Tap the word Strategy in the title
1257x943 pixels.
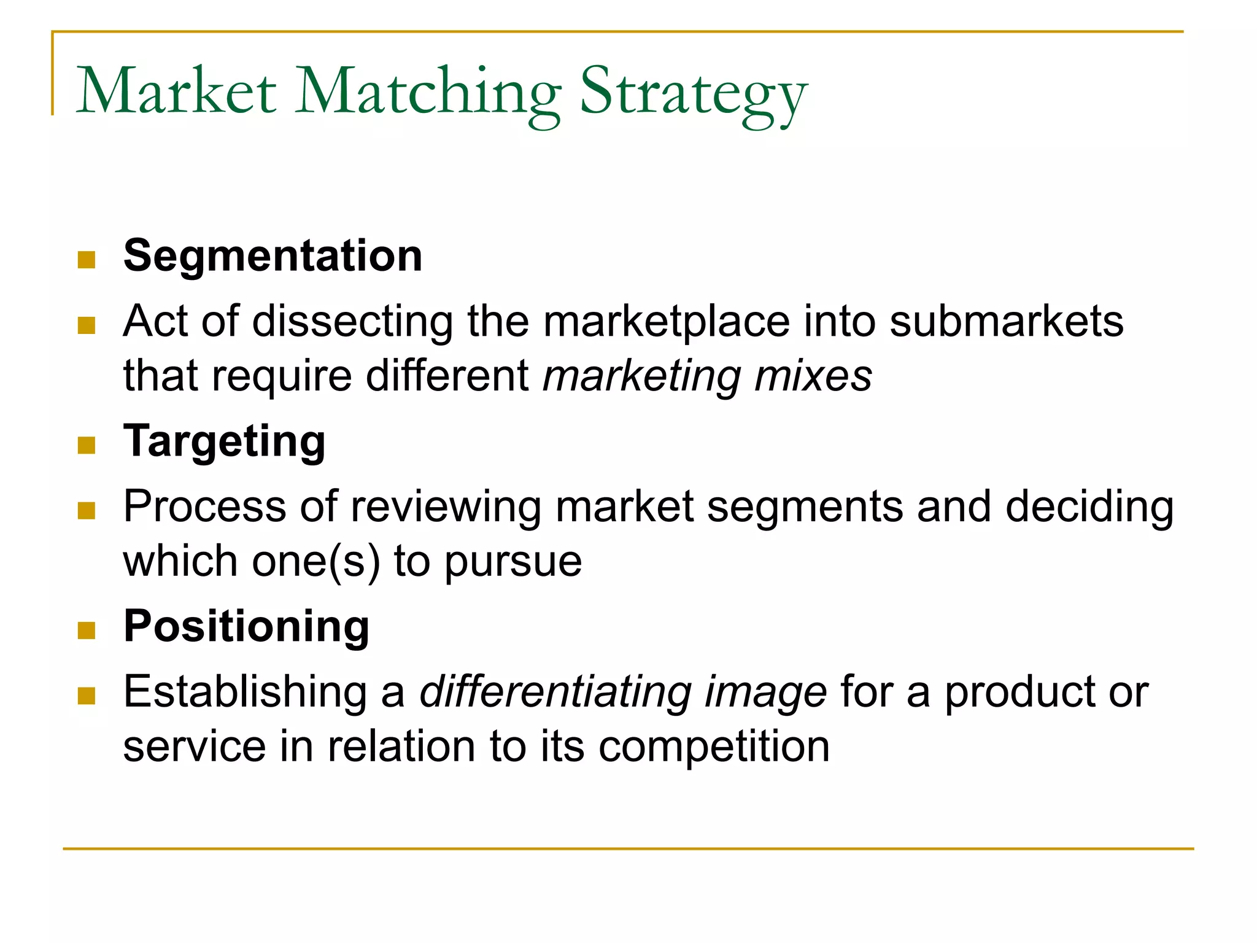point(693,93)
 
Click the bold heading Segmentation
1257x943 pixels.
point(273,255)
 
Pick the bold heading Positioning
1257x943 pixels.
point(247,626)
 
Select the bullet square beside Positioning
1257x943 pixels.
point(87,631)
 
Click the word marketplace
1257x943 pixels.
point(667,322)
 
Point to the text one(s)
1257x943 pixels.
point(316,562)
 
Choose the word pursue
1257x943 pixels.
point(513,563)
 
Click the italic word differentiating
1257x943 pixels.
point(555,693)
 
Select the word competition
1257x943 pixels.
point(714,747)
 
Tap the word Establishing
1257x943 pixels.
point(245,693)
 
